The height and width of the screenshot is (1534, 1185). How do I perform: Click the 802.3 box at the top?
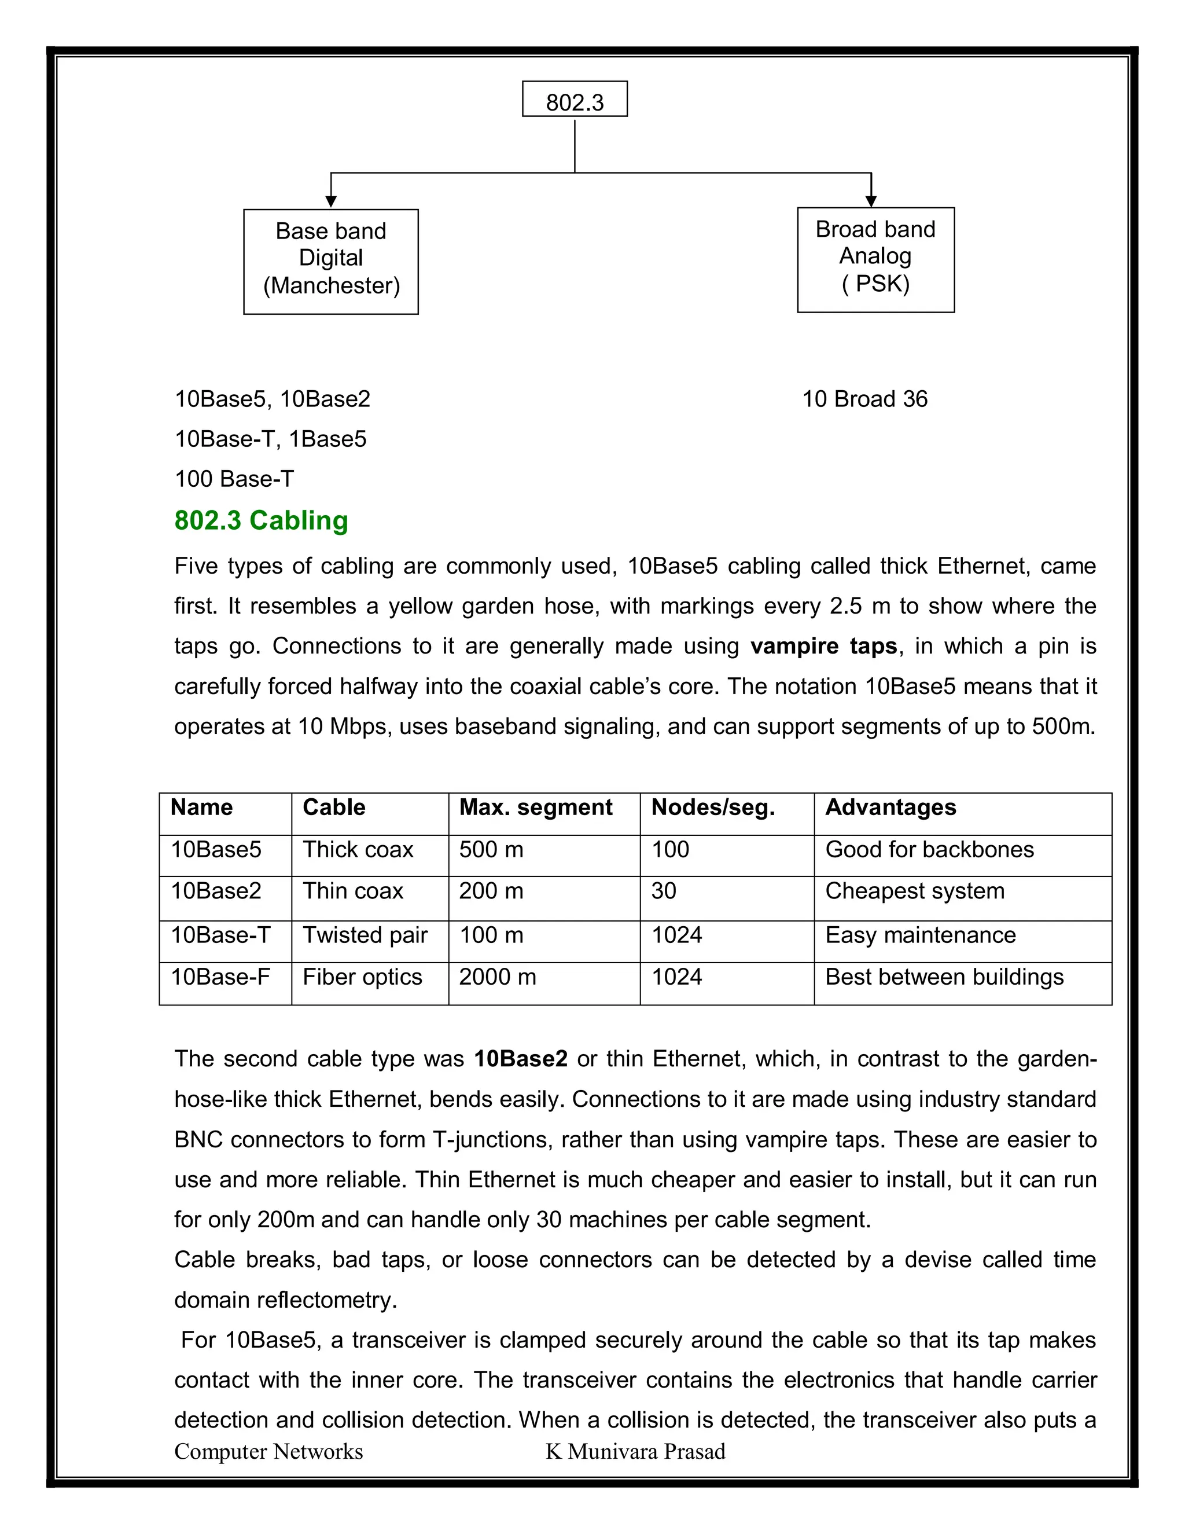click(574, 100)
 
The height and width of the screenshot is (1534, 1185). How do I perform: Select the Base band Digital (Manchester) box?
click(330, 260)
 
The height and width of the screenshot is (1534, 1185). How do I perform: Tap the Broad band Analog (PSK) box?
click(875, 259)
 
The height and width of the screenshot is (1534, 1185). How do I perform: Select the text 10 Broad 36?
click(864, 399)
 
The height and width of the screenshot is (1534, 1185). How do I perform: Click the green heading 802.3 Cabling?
click(261, 520)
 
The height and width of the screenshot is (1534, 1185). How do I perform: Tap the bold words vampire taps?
click(823, 646)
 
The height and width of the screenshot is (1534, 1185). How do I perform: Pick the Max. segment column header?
click(536, 807)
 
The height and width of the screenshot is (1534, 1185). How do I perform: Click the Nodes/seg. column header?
click(712, 807)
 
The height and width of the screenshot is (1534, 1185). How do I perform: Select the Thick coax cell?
click(358, 849)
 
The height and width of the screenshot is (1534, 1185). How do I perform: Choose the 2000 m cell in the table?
click(497, 977)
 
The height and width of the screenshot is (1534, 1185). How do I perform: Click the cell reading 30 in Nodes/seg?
click(664, 891)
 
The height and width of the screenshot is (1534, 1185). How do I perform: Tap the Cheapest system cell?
click(914, 891)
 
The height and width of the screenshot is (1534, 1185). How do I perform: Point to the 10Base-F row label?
click(220, 977)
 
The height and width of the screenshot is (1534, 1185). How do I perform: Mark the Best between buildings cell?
click(944, 977)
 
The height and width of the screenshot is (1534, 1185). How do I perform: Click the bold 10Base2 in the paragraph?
click(520, 1059)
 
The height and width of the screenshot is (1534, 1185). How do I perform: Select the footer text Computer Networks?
click(268, 1451)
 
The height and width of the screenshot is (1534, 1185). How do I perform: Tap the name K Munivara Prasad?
click(635, 1451)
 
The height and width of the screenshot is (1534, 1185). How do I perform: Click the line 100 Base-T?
click(234, 479)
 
